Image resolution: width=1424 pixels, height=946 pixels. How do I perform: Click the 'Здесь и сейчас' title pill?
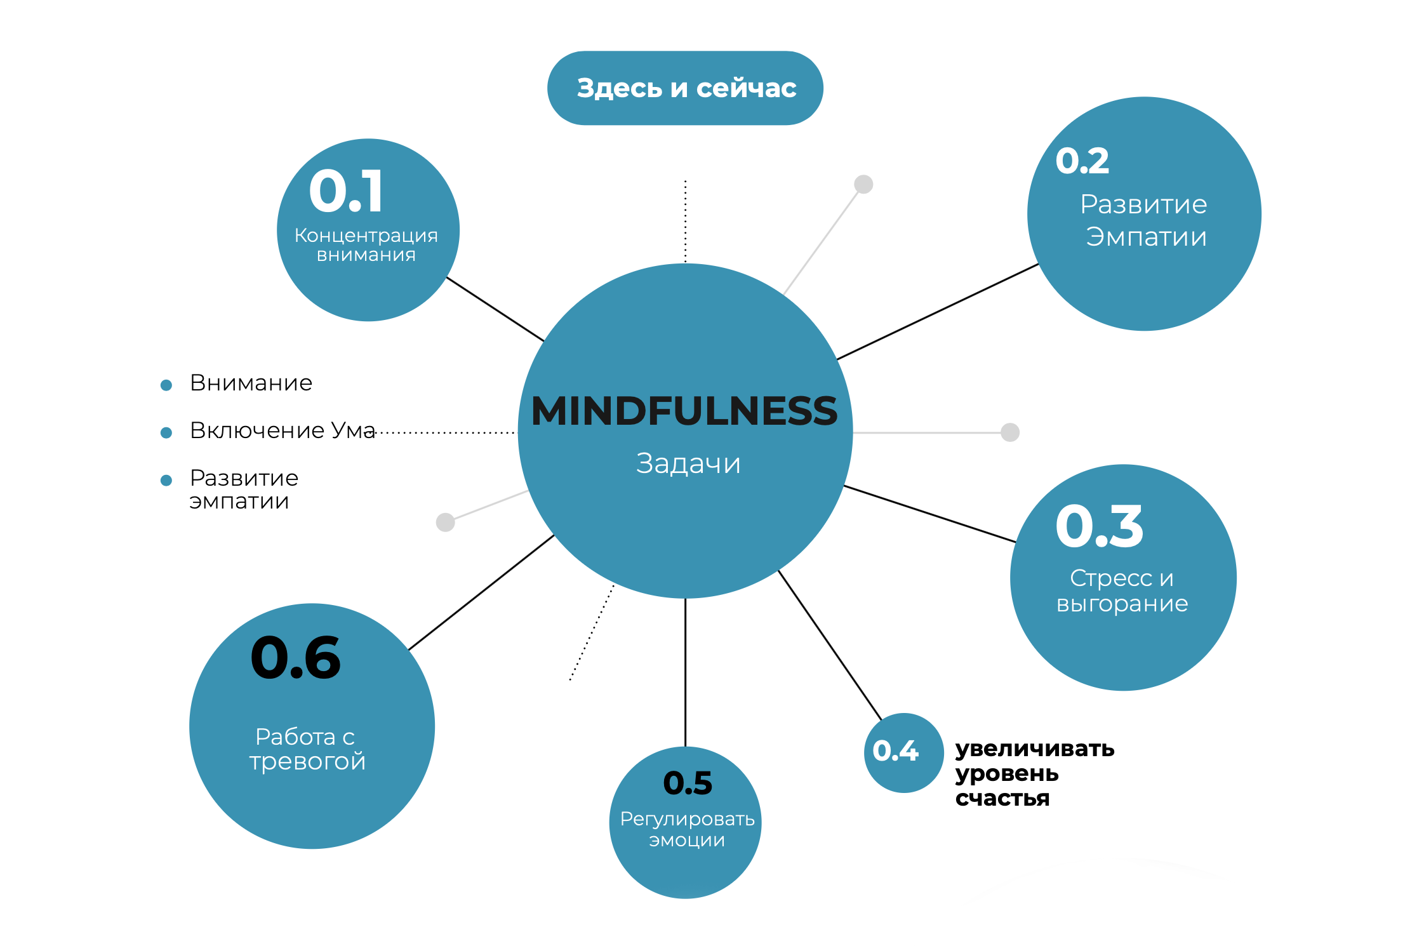pyautogui.click(x=685, y=88)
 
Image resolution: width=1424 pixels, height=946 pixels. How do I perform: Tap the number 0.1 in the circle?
pyautogui.click(x=347, y=191)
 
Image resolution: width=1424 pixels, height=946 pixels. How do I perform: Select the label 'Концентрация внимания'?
pyautogui.click(x=366, y=245)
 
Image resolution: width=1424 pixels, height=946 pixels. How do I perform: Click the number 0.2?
pyautogui.click(x=1082, y=161)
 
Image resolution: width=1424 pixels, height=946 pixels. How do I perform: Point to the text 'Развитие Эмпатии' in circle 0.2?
pyautogui.click(x=1145, y=220)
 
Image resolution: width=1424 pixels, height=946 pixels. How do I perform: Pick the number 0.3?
pyautogui.click(x=1100, y=526)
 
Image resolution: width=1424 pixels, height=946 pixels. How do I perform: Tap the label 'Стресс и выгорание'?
pyautogui.click(x=1122, y=590)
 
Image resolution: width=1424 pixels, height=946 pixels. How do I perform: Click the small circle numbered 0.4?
pyautogui.click(x=903, y=752)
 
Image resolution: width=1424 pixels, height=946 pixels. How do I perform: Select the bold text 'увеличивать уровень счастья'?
pyautogui.click(x=1034, y=773)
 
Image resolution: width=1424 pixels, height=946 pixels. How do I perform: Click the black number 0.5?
pyautogui.click(x=688, y=783)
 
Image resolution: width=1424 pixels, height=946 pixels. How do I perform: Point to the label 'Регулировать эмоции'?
pyautogui.click(x=687, y=829)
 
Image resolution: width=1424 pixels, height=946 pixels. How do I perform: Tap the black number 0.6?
pyautogui.click(x=296, y=658)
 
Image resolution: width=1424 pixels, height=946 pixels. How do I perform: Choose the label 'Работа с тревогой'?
pyautogui.click(x=307, y=749)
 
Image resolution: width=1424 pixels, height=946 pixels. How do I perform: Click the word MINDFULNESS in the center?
pyautogui.click(x=684, y=411)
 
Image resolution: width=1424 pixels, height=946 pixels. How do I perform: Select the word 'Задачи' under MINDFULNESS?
pyautogui.click(x=688, y=463)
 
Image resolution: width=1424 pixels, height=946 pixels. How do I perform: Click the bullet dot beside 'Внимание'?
pyautogui.click(x=166, y=385)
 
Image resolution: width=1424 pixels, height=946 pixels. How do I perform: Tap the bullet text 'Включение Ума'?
pyautogui.click(x=283, y=430)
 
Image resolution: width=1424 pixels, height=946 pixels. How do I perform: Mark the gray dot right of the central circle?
pyautogui.click(x=1010, y=432)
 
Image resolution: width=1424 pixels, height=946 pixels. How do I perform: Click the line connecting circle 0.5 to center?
pyautogui.click(x=686, y=673)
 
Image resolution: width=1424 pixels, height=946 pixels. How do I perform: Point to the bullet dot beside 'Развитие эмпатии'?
pyautogui.click(x=166, y=481)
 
